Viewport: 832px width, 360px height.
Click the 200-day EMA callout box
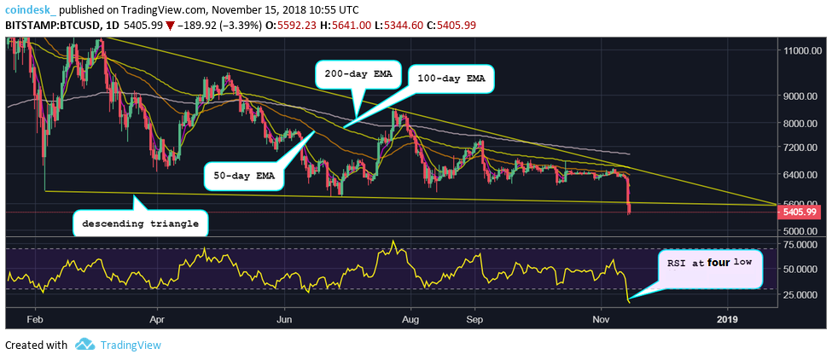[x=358, y=74]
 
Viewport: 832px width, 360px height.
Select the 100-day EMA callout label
[x=451, y=78]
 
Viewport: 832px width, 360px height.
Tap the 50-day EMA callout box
[x=242, y=176]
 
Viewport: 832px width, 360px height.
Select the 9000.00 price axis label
[x=803, y=96]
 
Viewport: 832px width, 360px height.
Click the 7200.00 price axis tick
[x=803, y=148]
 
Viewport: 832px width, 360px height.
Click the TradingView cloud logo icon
[x=84, y=345]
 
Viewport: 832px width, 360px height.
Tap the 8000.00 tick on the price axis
[x=803, y=124]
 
